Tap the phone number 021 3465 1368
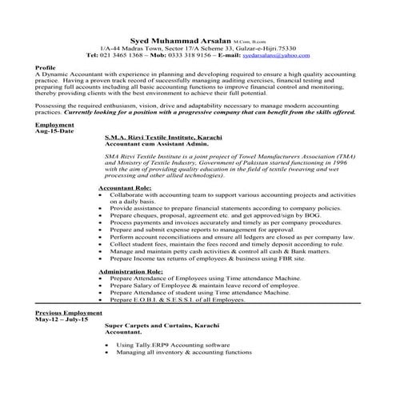[121, 56]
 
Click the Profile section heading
[46, 69]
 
